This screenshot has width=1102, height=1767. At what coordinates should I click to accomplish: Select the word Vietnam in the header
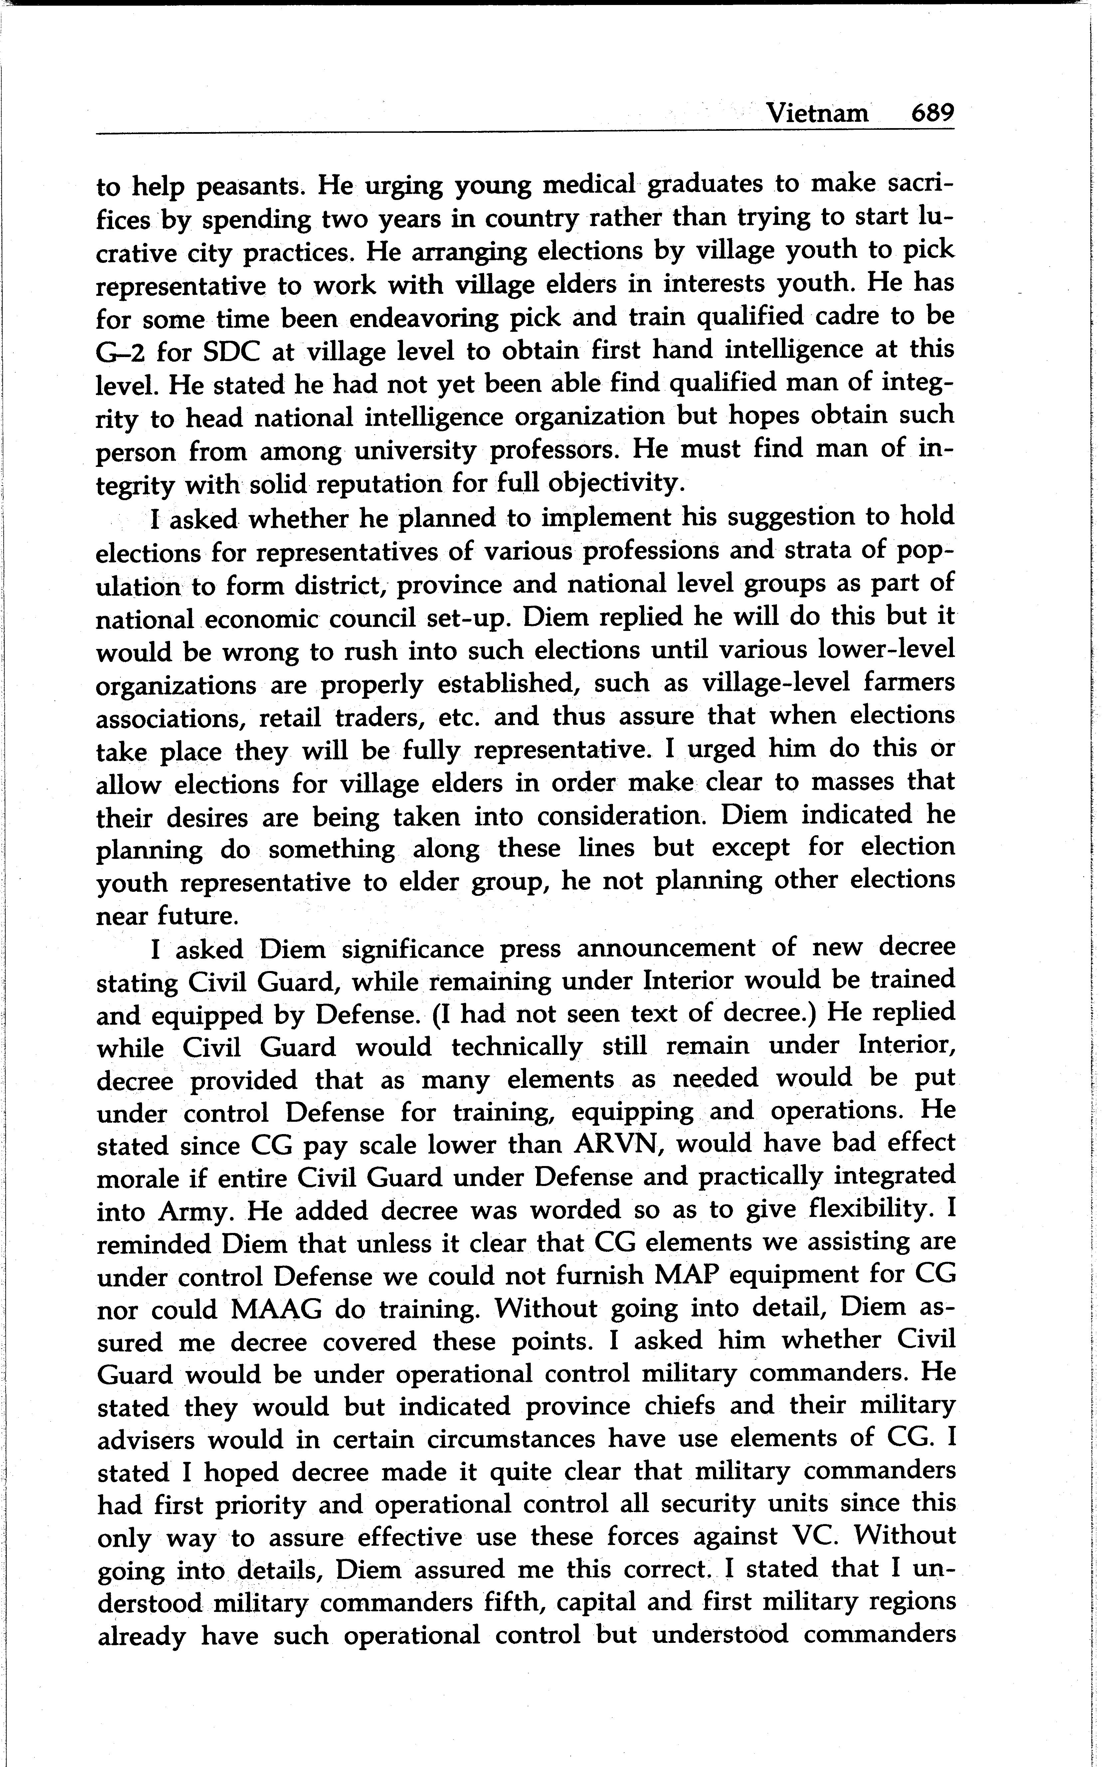tap(819, 114)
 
